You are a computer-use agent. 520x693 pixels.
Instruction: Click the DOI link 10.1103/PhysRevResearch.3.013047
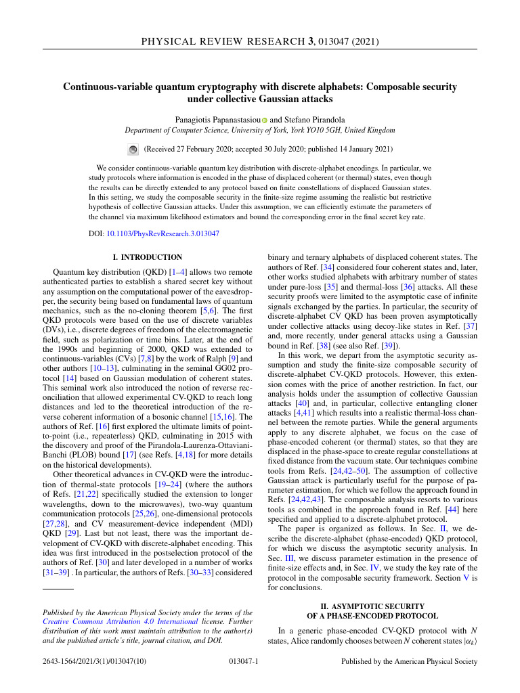pyautogui.click(x=163, y=233)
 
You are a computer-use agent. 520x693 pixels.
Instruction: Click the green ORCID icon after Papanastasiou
pyautogui.click(x=265, y=120)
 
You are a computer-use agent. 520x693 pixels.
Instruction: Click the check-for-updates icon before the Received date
pyautogui.click(x=133, y=149)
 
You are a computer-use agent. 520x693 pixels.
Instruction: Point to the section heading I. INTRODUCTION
pyautogui.click(x=147, y=257)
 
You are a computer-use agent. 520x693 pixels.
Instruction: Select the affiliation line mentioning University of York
pyautogui.click(x=260, y=130)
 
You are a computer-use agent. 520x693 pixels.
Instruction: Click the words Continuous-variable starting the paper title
pyautogui.click(x=105, y=87)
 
